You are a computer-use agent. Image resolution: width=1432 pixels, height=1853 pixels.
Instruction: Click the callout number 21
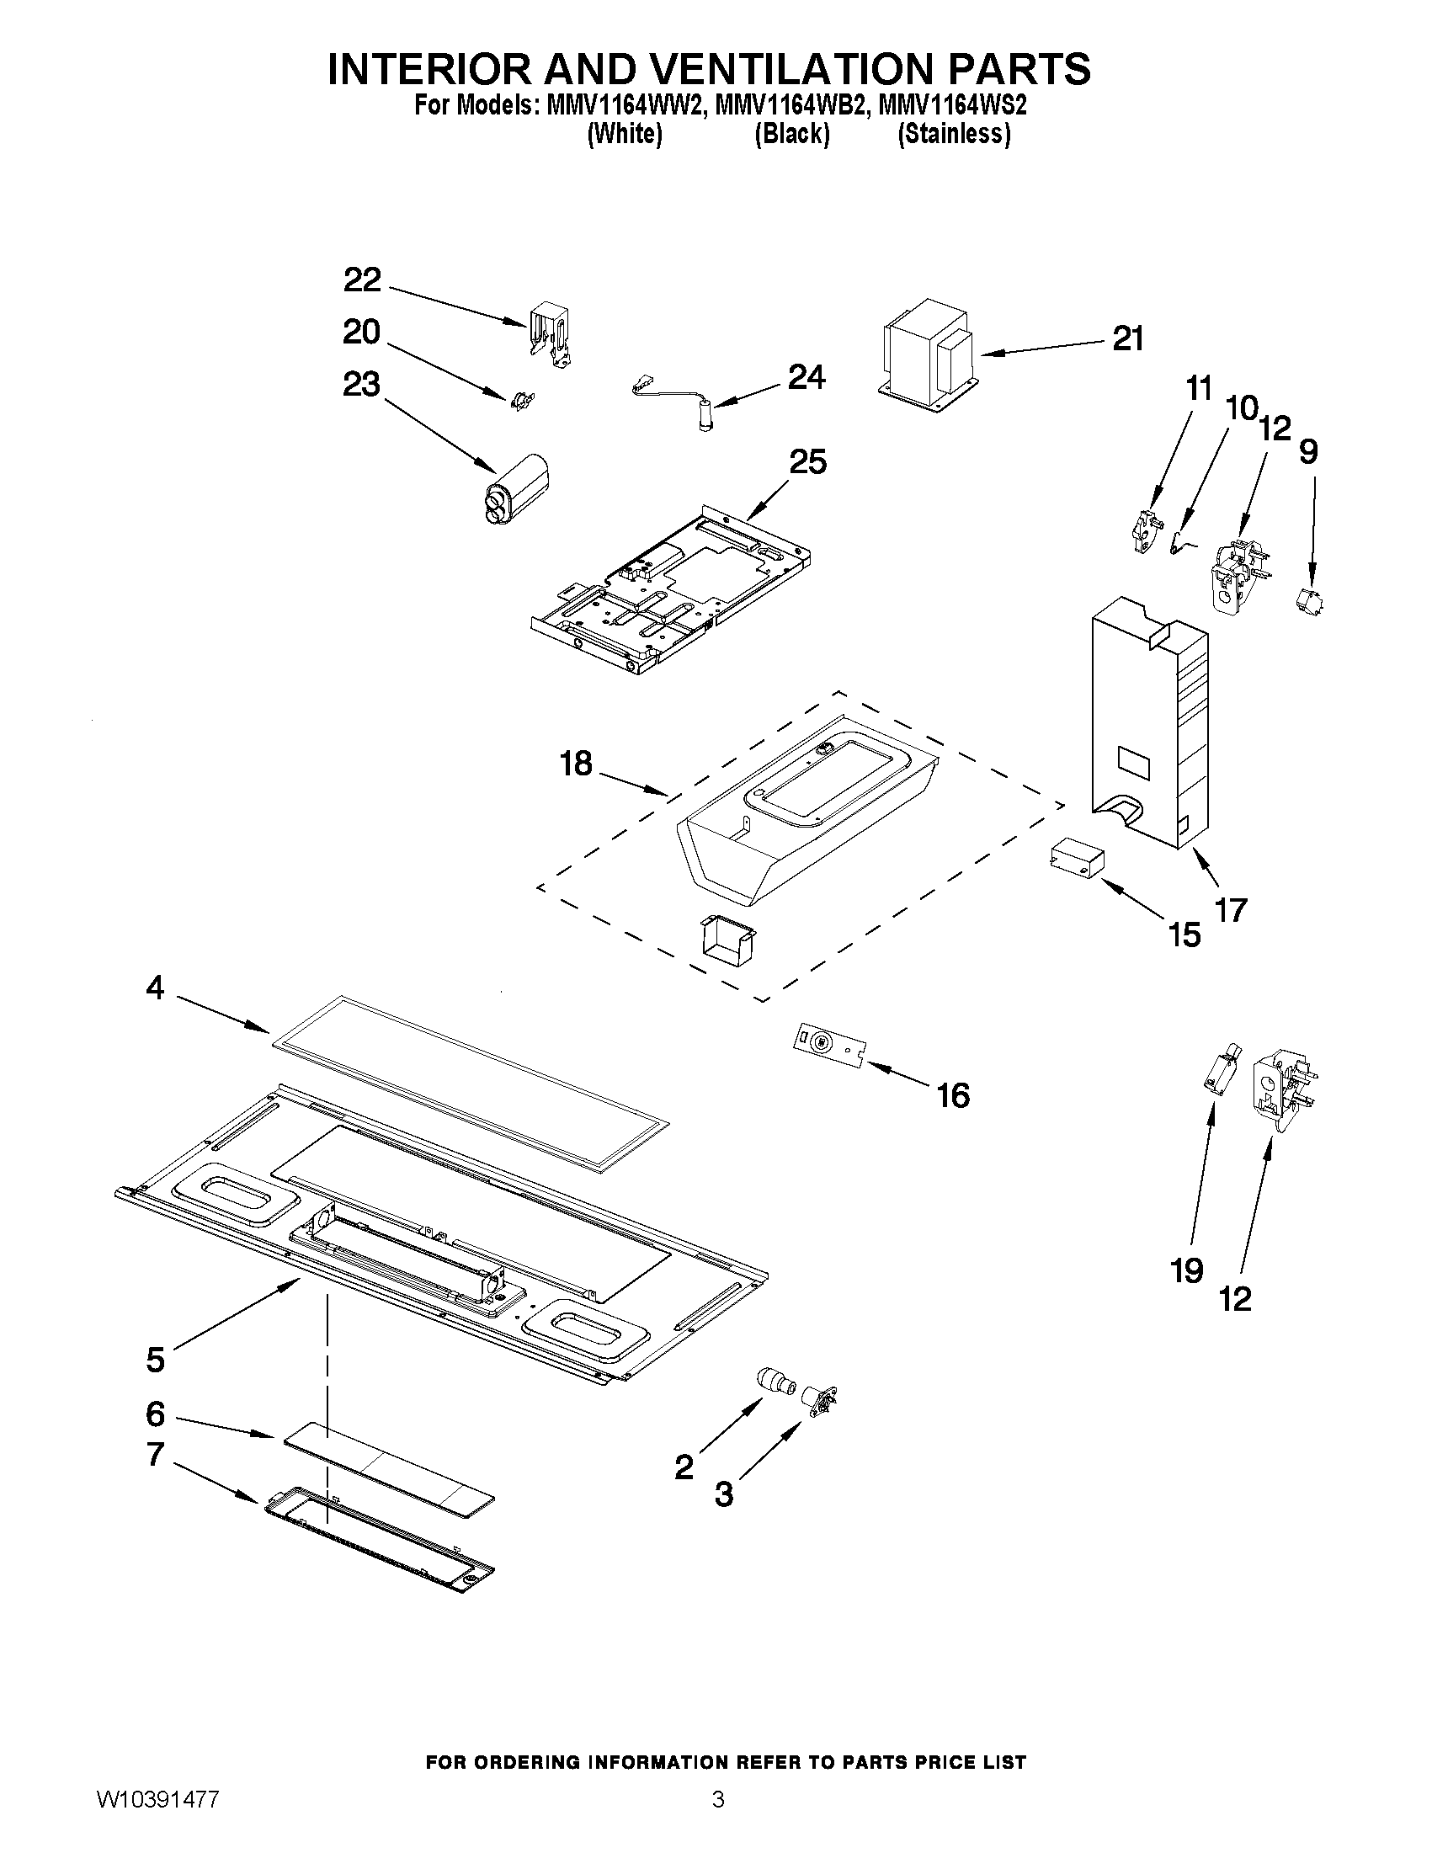(1127, 338)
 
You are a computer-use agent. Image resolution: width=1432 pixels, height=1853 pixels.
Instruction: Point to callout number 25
(807, 462)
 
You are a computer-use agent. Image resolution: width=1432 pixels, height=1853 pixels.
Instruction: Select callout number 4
(154, 987)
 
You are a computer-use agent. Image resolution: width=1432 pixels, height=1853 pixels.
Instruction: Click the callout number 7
(154, 1454)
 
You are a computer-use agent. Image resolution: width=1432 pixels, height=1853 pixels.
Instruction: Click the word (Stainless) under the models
(955, 134)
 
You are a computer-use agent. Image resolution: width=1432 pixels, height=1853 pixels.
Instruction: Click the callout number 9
(1308, 452)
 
